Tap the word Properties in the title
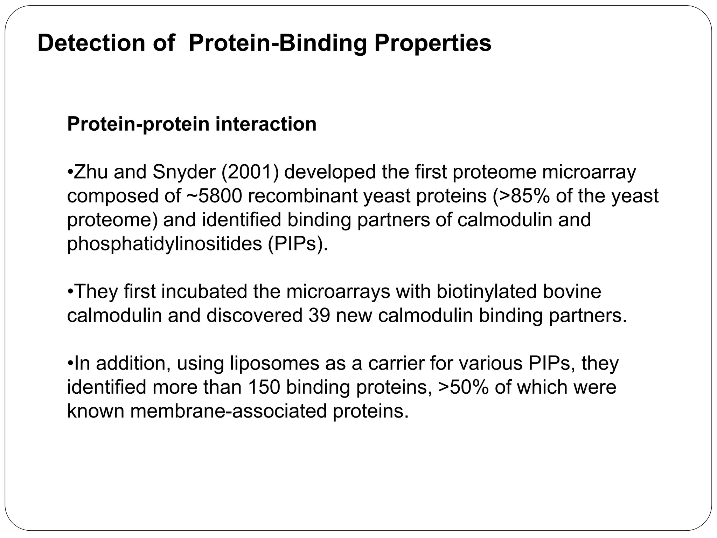click(x=432, y=43)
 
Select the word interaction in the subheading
click(x=266, y=124)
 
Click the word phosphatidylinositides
click(x=164, y=244)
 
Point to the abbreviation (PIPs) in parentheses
click(x=298, y=244)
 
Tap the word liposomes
click(x=274, y=363)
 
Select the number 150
click(x=264, y=387)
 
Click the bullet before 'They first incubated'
click(x=70, y=292)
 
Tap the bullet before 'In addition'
click(x=70, y=364)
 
